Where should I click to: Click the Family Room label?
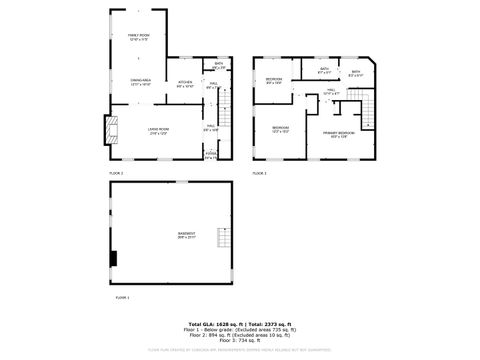(138, 38)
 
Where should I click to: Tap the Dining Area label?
(140, 83)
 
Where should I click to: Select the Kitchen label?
(185, 84)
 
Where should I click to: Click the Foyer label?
(210, 155)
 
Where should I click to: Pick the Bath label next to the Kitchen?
(218, 65)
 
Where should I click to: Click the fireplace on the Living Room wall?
(112, 131)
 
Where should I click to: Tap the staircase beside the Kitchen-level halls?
(225, 104)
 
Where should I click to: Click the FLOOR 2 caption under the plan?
(117, 174)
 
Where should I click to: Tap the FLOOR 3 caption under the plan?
(259, 174)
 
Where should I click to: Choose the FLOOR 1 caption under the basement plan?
(121, 298)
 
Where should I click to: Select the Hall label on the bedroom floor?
(331, 92)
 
